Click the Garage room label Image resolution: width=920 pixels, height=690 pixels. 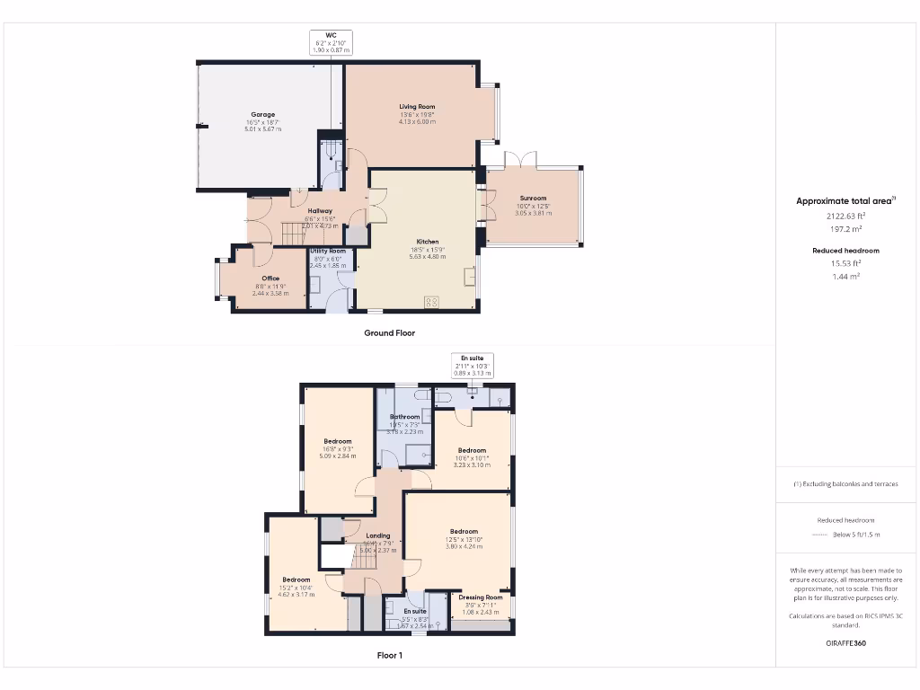262,115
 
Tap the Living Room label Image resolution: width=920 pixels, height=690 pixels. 417,107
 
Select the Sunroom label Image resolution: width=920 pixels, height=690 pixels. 533,199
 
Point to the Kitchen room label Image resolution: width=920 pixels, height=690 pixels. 428,242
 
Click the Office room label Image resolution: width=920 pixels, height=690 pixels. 270,279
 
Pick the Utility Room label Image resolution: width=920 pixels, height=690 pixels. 328,251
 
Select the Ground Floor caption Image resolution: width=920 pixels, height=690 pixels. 389,332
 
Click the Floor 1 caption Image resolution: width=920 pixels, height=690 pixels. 389,656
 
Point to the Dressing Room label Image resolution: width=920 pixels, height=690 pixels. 481,597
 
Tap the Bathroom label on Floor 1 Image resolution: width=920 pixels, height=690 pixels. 404,417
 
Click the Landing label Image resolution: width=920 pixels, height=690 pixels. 378,535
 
